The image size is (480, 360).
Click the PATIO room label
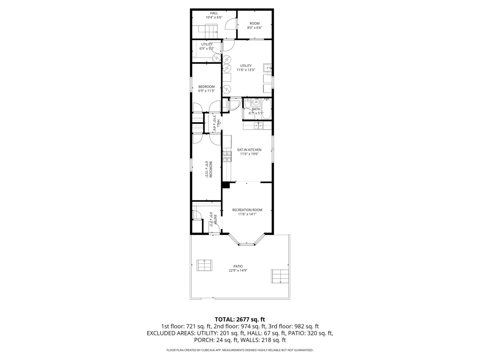pos(238,266)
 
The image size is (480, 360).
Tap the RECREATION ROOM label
pos(247,210)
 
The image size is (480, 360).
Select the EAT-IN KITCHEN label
pos(249,150)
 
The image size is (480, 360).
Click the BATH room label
pos(256,109)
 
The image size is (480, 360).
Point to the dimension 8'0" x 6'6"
pos(254,28)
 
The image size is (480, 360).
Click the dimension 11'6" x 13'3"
pos(246,70)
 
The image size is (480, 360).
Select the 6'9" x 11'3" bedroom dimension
pos(206,91)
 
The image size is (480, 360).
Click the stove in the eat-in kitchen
pos(227,157)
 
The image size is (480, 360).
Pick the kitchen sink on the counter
pos(258,125)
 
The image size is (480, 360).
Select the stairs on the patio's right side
pos(280,276)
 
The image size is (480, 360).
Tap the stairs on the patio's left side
pos(204,265)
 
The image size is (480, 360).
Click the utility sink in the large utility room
pos(268,68)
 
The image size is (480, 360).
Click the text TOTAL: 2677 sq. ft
pos(240,319)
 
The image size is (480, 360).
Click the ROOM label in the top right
pos(254,23)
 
